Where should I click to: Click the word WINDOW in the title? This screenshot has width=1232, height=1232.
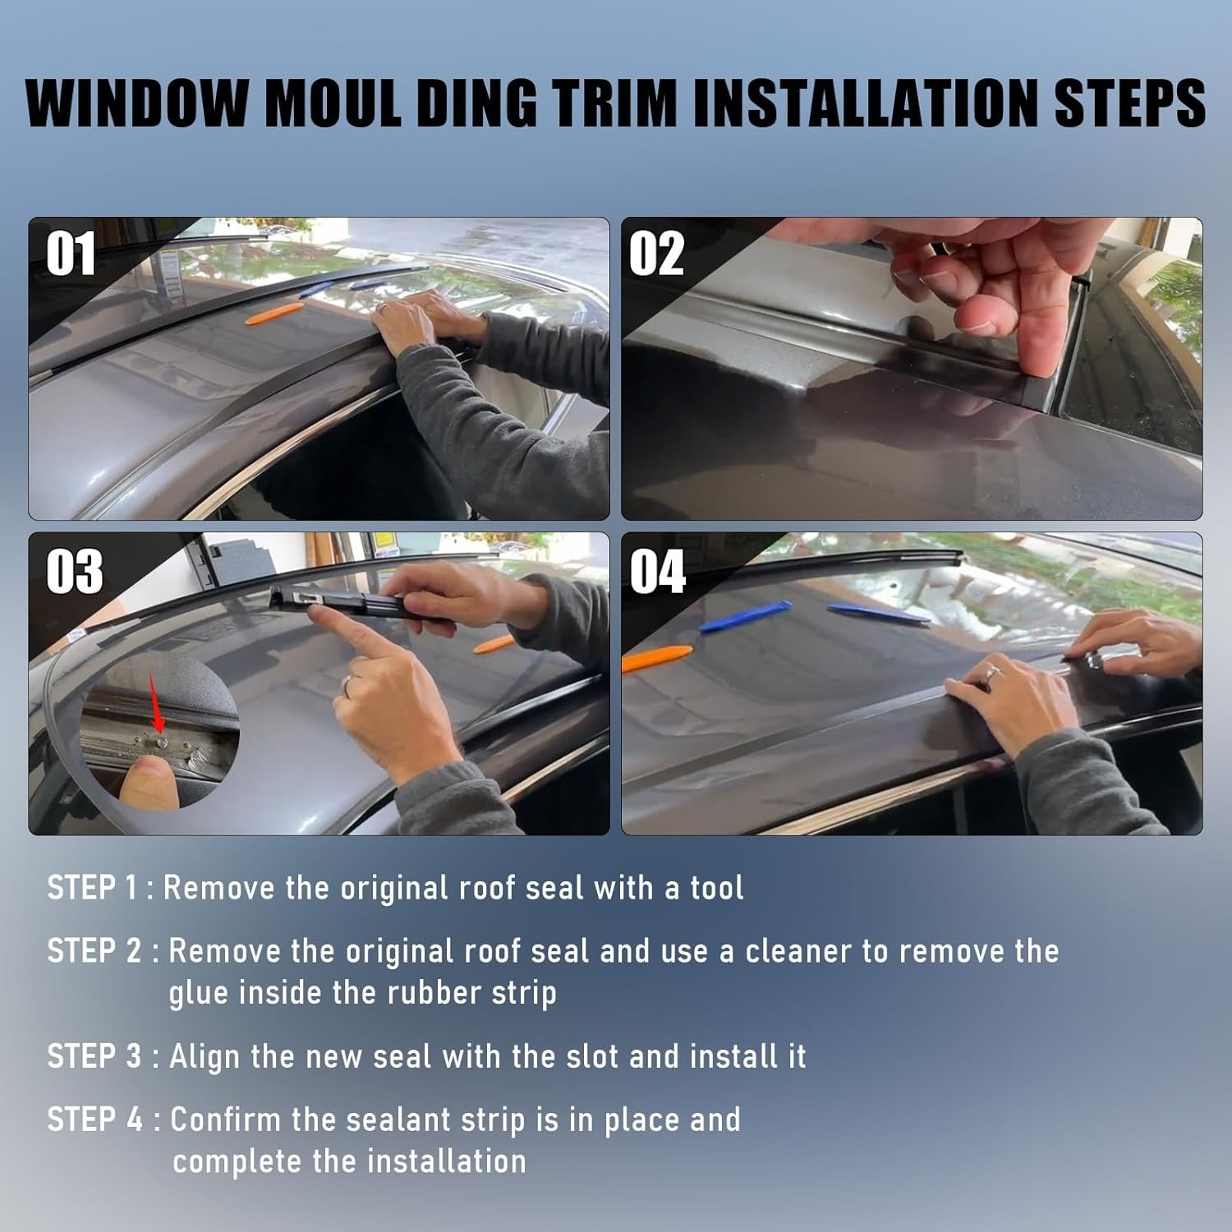pyautogui.click(x=136, y=104)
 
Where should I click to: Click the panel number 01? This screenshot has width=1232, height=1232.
pyautogui.click(x=71, y=254)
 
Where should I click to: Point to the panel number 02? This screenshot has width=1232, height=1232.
pyautogui.click(x=656, y=254)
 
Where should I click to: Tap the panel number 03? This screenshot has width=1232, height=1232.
pyautogui.click(x=75, y=571)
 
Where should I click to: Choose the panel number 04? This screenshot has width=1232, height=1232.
pyautogui.click(x=658, y=572)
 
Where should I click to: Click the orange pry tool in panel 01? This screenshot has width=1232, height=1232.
pyautogui.click(x=274, y=313)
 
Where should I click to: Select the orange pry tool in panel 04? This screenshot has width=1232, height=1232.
pyautogui.click(x=657, y=658)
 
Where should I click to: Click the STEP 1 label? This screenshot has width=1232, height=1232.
pyautogui.click(x=92, y=888)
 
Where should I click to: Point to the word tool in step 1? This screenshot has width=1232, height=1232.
pyautogui.click(x=716, y=888)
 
